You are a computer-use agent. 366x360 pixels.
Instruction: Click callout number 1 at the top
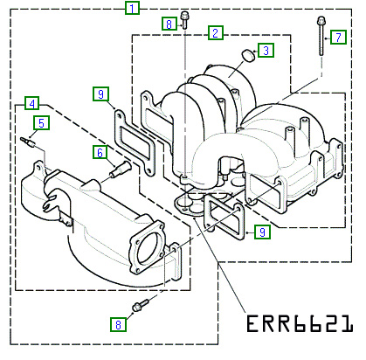[132, 8]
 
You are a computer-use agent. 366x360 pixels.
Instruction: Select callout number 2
[216, 32]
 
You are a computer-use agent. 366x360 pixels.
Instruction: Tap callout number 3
[266, 51]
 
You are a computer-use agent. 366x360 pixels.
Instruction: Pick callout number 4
[32, 103]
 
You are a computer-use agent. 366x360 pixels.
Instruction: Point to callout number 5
[41, 123]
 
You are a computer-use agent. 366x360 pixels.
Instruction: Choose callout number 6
[100, 153]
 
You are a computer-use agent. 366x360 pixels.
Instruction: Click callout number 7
[338, 37]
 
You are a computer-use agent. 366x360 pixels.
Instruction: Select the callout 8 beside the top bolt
[169, 24]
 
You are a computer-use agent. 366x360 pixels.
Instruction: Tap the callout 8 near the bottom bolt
[118, 324]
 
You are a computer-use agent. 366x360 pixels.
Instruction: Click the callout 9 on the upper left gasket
[100, 93]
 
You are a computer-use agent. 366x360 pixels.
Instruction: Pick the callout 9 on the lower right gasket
[262, 232]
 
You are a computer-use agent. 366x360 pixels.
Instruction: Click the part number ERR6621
[300, 323]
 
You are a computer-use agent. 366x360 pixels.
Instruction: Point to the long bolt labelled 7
[321, 36]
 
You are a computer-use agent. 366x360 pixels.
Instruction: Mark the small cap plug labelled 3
[248, 55]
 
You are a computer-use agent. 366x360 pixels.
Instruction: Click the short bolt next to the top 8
[184, 19]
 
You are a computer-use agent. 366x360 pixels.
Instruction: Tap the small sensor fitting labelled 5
[28, 142]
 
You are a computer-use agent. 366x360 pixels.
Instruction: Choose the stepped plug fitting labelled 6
[121, 170]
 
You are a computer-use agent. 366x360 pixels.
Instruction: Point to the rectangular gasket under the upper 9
[135, 142]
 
